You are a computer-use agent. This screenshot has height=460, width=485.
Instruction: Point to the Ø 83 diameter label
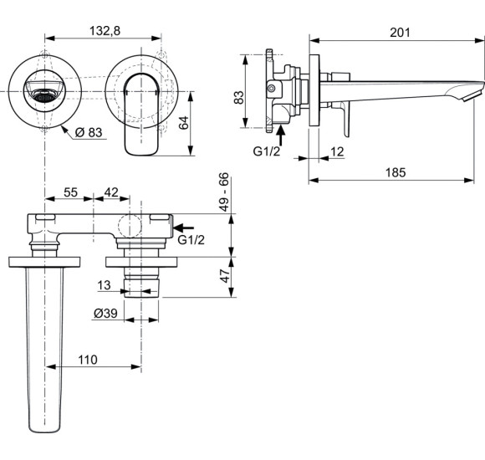[x=89, y=131]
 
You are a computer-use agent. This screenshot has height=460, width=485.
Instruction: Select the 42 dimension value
[x=110, y=193]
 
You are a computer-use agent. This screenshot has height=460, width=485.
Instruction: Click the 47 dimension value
[x=224, y=277]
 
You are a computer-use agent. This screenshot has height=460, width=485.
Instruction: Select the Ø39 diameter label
[x=105, y=313]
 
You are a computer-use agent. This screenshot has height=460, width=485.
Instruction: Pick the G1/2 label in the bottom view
[x=191, y=240]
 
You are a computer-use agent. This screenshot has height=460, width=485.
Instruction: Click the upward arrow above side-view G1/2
[x=282, y=130]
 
